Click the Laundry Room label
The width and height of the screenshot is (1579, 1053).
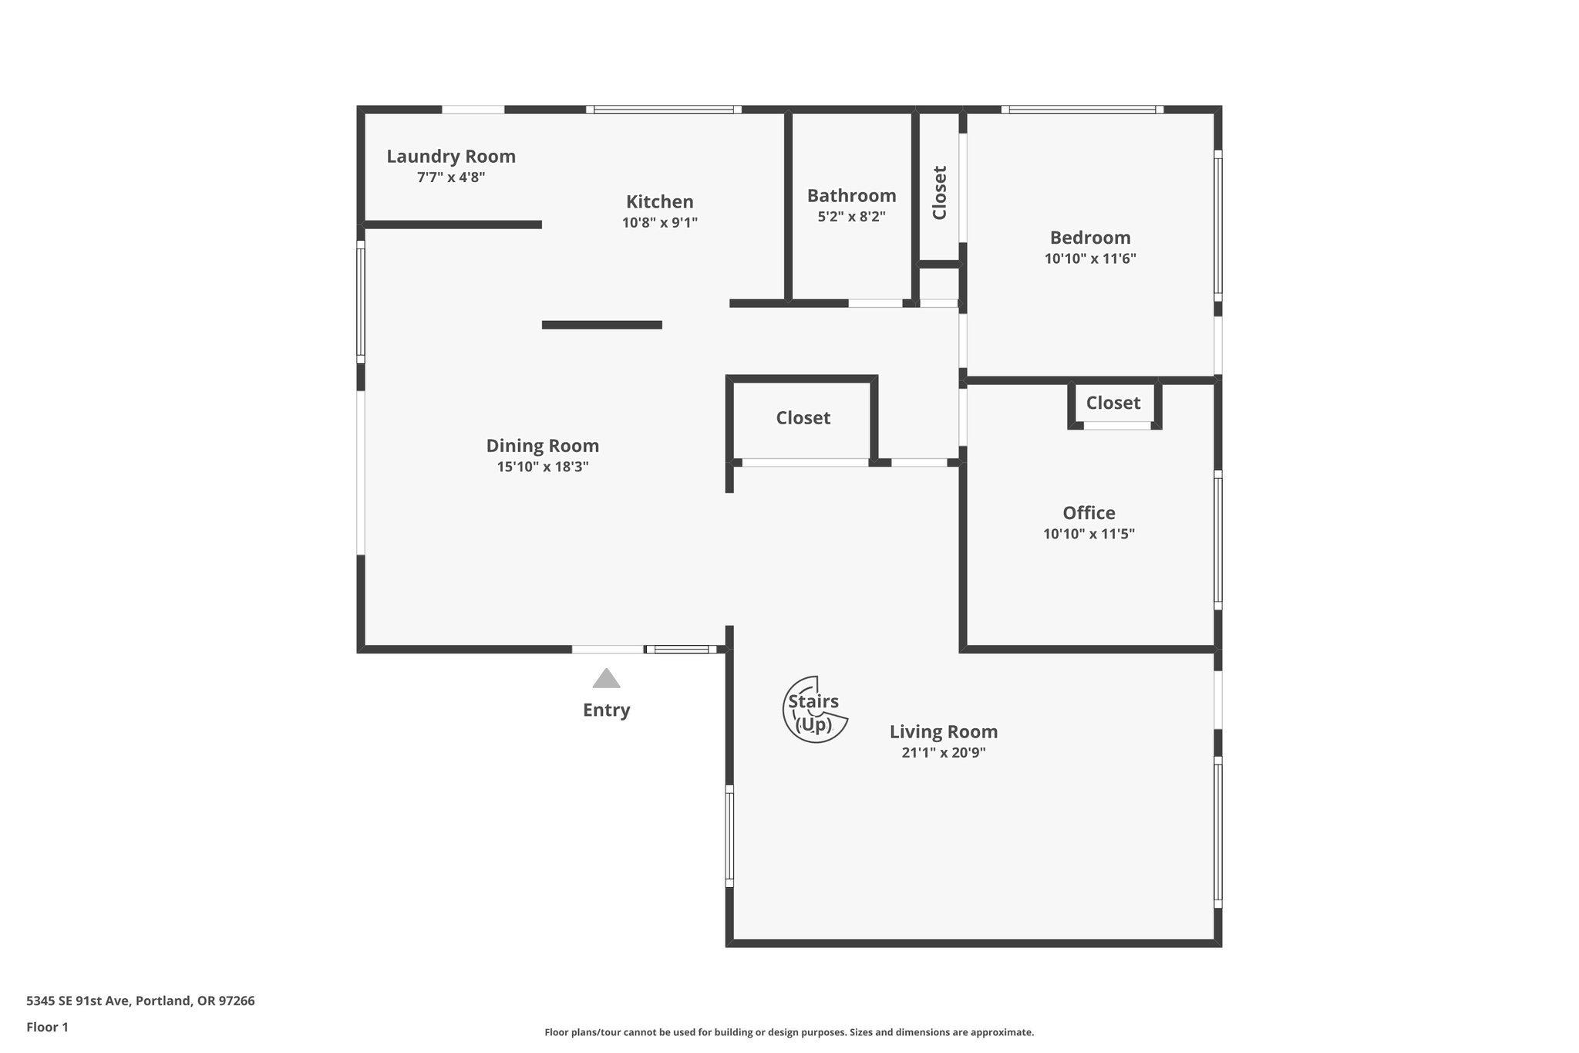(x=451, y=157)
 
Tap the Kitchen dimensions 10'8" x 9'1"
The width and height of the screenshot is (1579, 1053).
(x=660, y=223)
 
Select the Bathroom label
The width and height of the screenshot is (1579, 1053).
(x=851, y=196)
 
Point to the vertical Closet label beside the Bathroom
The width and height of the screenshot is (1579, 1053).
(x=939, y=193)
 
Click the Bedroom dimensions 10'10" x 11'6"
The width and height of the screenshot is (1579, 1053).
(x=1090, y=258)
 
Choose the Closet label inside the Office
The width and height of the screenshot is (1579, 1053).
(x=1113, y=403)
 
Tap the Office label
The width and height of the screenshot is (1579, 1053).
(x=1089, y=513)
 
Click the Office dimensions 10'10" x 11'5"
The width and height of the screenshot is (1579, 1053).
(x=1089, y=534)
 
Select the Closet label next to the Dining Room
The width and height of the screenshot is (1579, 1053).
(x=803, y=418)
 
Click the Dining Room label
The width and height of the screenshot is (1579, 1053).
(x=542, y=446)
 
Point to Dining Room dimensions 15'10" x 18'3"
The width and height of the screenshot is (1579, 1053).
(x=542, y=467)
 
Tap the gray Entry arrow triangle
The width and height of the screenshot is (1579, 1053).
(x=606, y=680)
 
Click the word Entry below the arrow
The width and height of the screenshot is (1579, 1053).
(x=606, y=710)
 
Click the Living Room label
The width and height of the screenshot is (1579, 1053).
(x=943, y=732)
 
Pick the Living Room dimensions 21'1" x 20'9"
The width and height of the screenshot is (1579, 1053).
(x=943, y=753)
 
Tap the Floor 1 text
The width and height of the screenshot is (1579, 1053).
(x=47, y=1028)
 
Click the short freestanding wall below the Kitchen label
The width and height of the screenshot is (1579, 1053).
(x=601, y=325)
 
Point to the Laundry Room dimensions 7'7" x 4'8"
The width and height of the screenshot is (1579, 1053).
(x=451, y=177)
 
